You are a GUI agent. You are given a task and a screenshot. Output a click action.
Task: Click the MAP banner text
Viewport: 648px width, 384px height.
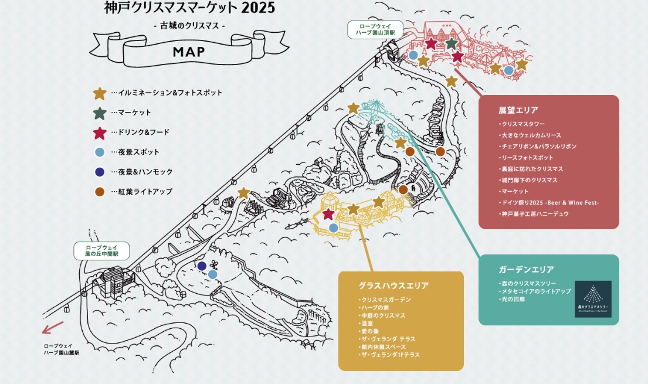[x=189, y=52]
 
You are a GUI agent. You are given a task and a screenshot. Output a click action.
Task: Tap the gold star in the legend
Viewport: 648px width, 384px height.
[x=100, y=93]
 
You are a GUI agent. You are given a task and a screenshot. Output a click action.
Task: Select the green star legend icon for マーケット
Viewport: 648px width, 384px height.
[x=100, y=113]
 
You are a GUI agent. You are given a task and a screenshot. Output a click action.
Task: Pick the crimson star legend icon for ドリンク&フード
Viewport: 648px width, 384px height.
[x=100, y=133]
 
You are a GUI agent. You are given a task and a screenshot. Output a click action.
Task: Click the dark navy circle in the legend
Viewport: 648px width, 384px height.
[x=100, y=172]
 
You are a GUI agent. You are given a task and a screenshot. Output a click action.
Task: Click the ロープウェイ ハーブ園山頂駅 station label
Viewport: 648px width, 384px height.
[x=375, y=29]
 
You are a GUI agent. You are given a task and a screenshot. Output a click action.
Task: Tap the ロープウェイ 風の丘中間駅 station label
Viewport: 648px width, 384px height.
[x=101, y=251]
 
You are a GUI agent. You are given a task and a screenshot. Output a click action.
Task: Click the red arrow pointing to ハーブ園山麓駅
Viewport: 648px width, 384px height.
[x=53, y=327]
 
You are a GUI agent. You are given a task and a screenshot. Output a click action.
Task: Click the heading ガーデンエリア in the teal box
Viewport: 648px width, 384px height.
[x=526, y=270]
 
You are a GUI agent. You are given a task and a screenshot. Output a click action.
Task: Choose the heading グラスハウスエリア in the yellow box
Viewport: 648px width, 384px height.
[x=393, y=286]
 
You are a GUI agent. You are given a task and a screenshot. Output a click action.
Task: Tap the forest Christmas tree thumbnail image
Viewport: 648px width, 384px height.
[x=593, y=299]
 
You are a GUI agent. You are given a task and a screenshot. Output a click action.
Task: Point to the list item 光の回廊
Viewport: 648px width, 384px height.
[x=513, y=300]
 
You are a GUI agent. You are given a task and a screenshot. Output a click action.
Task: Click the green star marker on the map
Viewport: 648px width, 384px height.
[x=451, y=43]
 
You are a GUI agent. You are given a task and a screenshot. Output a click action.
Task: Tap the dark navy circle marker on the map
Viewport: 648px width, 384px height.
[x=202, y=266]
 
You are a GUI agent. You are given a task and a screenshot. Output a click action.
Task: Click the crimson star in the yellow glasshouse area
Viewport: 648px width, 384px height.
[x=328, y=215]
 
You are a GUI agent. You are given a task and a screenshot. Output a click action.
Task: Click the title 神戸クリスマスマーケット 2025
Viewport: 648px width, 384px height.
[x=189, y=8]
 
